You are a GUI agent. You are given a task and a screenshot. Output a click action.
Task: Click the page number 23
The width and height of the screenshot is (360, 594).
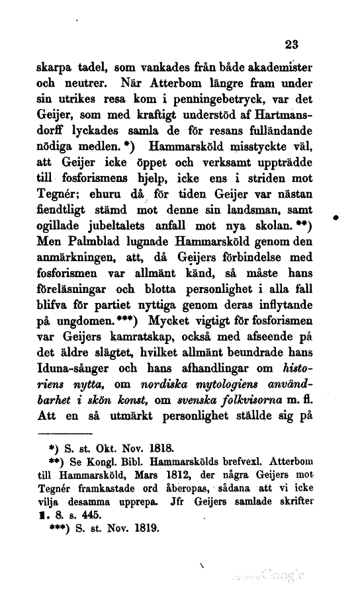click(x=291, y=46)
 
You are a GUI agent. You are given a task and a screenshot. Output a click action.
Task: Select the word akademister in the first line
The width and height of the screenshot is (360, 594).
click(x=277, y=67)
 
